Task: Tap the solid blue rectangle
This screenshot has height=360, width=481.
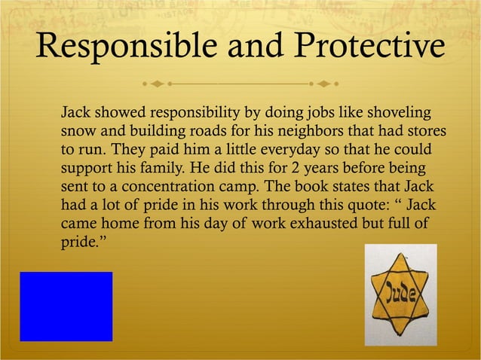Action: pyautogui.click(x=66, y=307)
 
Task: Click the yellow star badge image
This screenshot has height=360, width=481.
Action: pyautogui.click(x=400, y=295)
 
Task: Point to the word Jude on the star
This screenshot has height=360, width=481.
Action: pyautogui.click(x=401, y=292)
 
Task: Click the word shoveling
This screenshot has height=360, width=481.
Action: pyautogui.click(x=400, y=114)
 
